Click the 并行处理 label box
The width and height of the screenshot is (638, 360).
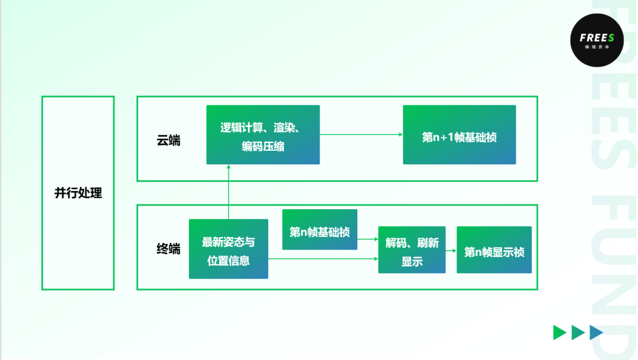click(78, 193)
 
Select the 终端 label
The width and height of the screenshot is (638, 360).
click(168, 249)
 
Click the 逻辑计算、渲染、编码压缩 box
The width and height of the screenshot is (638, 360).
click(263, 135)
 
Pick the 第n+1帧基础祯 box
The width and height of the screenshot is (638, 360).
click(459, 135)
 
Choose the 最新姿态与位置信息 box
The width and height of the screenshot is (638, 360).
click(228, 249)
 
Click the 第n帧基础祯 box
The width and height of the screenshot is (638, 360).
click(320, 229)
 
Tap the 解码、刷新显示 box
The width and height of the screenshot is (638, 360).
click(412, 249)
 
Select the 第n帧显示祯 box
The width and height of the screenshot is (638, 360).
click(494, 250)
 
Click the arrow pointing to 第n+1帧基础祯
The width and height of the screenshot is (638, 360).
click(361, 135)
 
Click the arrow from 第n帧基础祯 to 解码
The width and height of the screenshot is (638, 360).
click(367, 239)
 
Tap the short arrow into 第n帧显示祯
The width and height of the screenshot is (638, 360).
click(451, 251)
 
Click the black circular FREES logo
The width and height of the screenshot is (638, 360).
click(593, 40)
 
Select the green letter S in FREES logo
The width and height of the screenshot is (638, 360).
click(611, 38)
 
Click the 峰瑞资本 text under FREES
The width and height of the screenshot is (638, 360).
click(593, 46)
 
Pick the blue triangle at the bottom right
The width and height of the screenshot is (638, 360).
click(597, 333)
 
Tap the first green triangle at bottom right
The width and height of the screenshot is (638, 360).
click(559, 333)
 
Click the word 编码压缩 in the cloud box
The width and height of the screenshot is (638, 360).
click(263, 146)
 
